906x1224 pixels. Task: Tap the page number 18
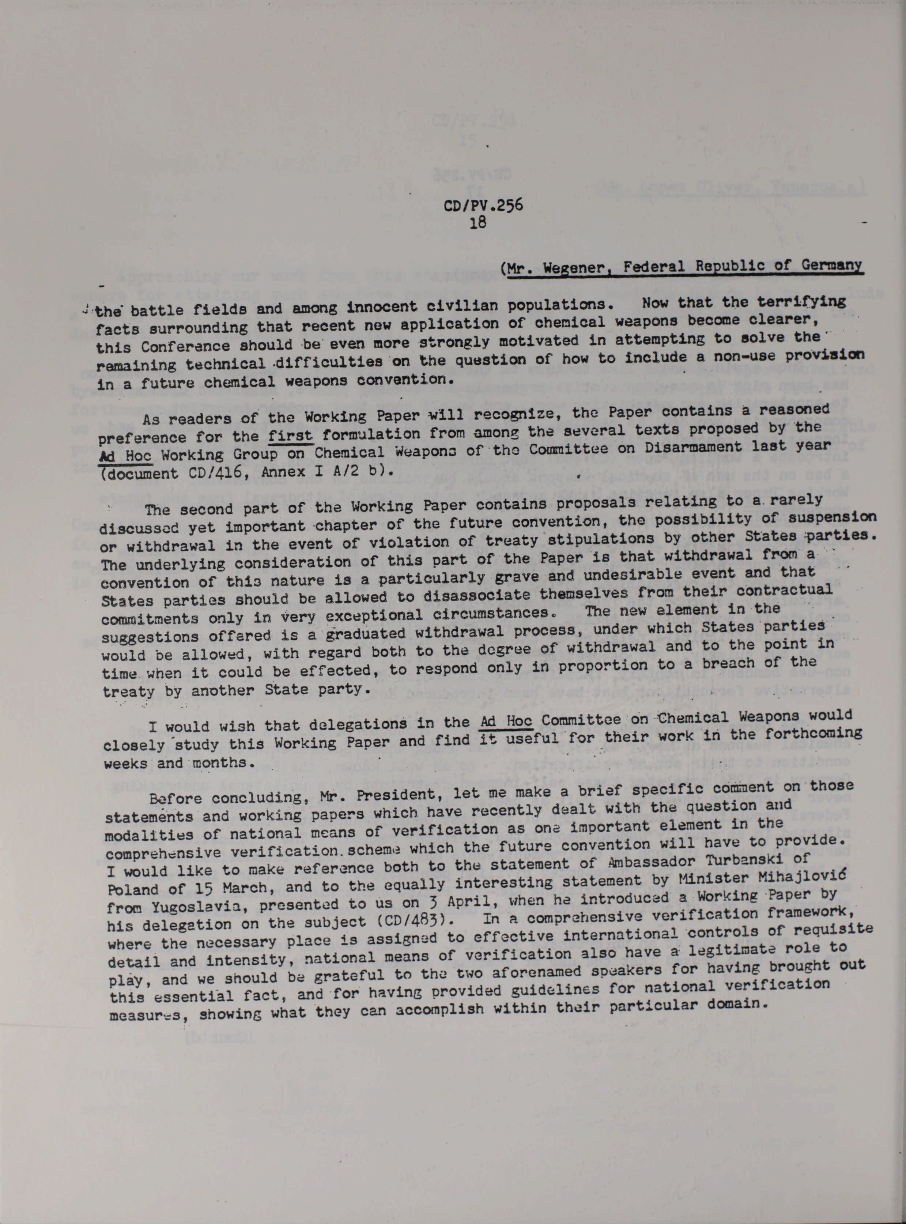477,223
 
